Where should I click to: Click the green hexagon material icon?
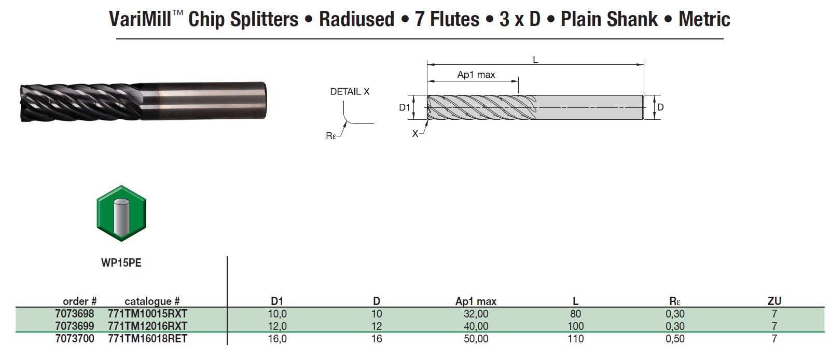121,213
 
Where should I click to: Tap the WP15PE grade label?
121,263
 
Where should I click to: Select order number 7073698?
75,314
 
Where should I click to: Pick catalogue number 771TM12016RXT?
147,326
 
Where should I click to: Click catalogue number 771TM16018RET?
147,339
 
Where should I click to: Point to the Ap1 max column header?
476,301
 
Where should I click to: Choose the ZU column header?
774,301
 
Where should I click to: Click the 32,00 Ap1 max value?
476,314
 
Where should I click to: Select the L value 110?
575,339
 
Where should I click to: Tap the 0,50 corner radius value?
675,339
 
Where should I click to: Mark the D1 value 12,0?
277,326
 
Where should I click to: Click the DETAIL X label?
350,92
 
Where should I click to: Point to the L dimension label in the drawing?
535,60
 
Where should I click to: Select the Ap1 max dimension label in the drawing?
476,75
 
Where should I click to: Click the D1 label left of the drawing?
405,108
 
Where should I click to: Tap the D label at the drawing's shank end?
660,107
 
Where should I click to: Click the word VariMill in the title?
140,20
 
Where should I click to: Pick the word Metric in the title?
704,20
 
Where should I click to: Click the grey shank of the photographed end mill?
207,100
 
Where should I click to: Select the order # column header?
79,301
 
